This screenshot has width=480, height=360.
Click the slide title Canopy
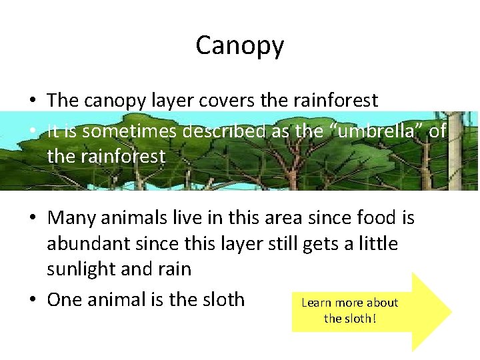tap(239, 45)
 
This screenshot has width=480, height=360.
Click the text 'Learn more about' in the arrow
tap(349, 303)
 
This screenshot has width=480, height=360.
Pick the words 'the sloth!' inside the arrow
tap(349, 319)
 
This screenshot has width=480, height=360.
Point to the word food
tap(373, 218)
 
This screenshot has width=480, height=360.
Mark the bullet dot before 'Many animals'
tap(32, 219)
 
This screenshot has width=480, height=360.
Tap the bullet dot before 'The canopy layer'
tap(32, 101)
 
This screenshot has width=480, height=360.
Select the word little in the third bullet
tap(376, 244)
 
